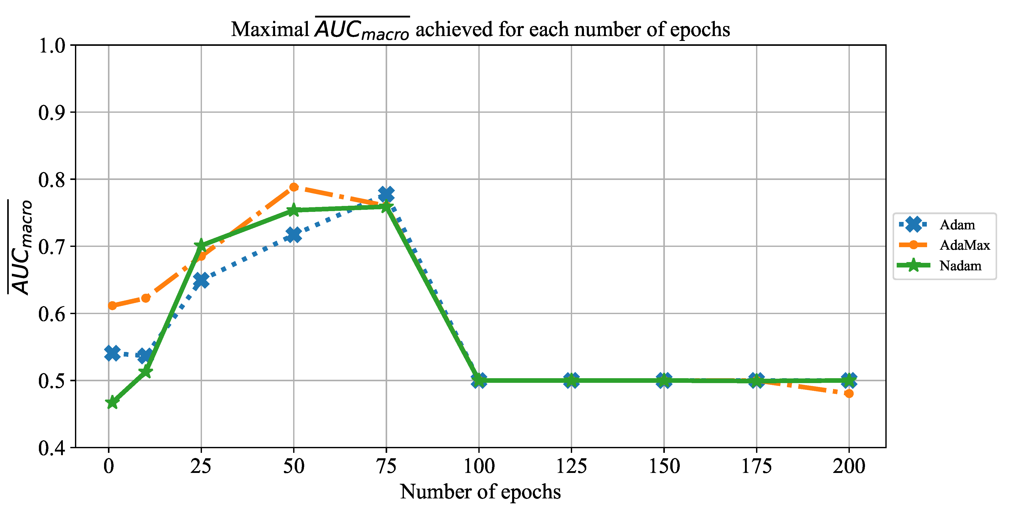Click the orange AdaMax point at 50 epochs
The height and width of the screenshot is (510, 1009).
coord(294,187)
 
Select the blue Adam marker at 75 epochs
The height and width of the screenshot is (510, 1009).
coord(386,194)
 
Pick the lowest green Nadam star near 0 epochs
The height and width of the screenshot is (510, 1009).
coord(112,402)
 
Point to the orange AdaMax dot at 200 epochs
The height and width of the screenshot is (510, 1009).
coord(849,393)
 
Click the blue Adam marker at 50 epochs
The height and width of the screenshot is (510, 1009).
coord(294,235)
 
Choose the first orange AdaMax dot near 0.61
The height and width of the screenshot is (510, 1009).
coord(112,306)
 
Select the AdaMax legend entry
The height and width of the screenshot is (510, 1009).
coord(964,245)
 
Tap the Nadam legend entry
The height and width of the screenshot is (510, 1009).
coord(960,266)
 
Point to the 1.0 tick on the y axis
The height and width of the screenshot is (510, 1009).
coord(52,46)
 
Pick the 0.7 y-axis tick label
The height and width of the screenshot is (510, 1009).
coord(52,247)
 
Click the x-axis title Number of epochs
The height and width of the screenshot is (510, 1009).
coord(480,492)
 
